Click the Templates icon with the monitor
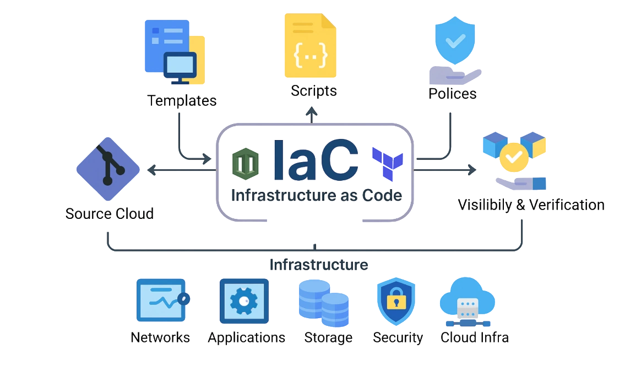click(x=174, y=53)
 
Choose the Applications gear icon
click(x=244, y=301)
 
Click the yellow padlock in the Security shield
click(x=395, y=301)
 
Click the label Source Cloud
click(x=110, y=214)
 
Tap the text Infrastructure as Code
click(x=316, y=195)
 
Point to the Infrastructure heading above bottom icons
click(x=318, y=265)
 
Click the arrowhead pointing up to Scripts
click(x=312, y=112)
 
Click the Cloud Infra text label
click(x=475, y=337)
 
